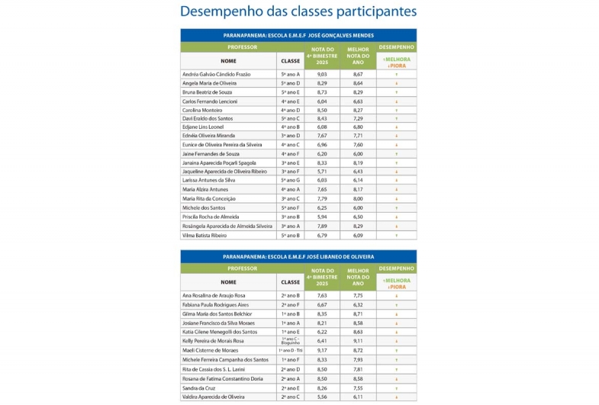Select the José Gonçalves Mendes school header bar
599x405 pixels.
pyautogui.click(x=298, y=35)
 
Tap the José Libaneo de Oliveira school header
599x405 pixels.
pyautogui.click(x=298, y=257)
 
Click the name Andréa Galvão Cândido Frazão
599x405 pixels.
pyautogui.click(x=217, y=74)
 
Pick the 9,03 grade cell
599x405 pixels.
pyautogui.click(x=322, y=74)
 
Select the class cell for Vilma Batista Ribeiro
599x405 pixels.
pyautogui.click(x=290, y=236)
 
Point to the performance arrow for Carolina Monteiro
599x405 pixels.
pyautogui.click(x=397, y=110)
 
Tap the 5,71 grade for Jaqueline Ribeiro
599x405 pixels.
pyautogui.click(x=322, y=172)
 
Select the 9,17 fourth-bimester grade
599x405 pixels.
pyautogui.click(x=322, y=350)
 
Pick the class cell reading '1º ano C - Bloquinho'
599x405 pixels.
pyautogui.click(x=290, y=341)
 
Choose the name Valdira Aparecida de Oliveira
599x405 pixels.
pyautogui.click(x=213, y=397)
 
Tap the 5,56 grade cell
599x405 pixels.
pyautogui.click(x=322, y=397)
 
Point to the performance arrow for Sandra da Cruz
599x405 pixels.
pyautogui.click(x=397, y=387)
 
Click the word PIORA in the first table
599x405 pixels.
pyautogui.click(x=398, y=66)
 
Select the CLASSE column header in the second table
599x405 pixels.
pyautogui.click(x=290, y=281)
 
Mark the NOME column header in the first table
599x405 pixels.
pyautogui.click(x=228, y=60)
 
